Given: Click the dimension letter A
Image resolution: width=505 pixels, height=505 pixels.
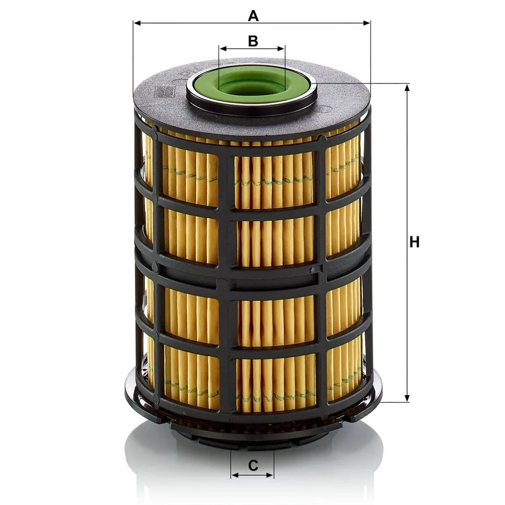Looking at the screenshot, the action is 253,15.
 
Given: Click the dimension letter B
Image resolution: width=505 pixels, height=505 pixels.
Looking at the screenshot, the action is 253,41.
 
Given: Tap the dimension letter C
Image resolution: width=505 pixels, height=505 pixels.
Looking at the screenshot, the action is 253,465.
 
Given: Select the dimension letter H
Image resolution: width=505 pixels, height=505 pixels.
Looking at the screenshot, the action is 415,242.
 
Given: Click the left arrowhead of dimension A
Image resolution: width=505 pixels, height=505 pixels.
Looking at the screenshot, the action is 137,23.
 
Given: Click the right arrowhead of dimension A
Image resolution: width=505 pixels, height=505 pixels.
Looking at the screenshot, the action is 367,23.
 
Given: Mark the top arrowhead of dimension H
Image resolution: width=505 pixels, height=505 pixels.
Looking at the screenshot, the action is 407,89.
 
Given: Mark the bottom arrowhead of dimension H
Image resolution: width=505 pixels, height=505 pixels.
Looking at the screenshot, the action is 407,398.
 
